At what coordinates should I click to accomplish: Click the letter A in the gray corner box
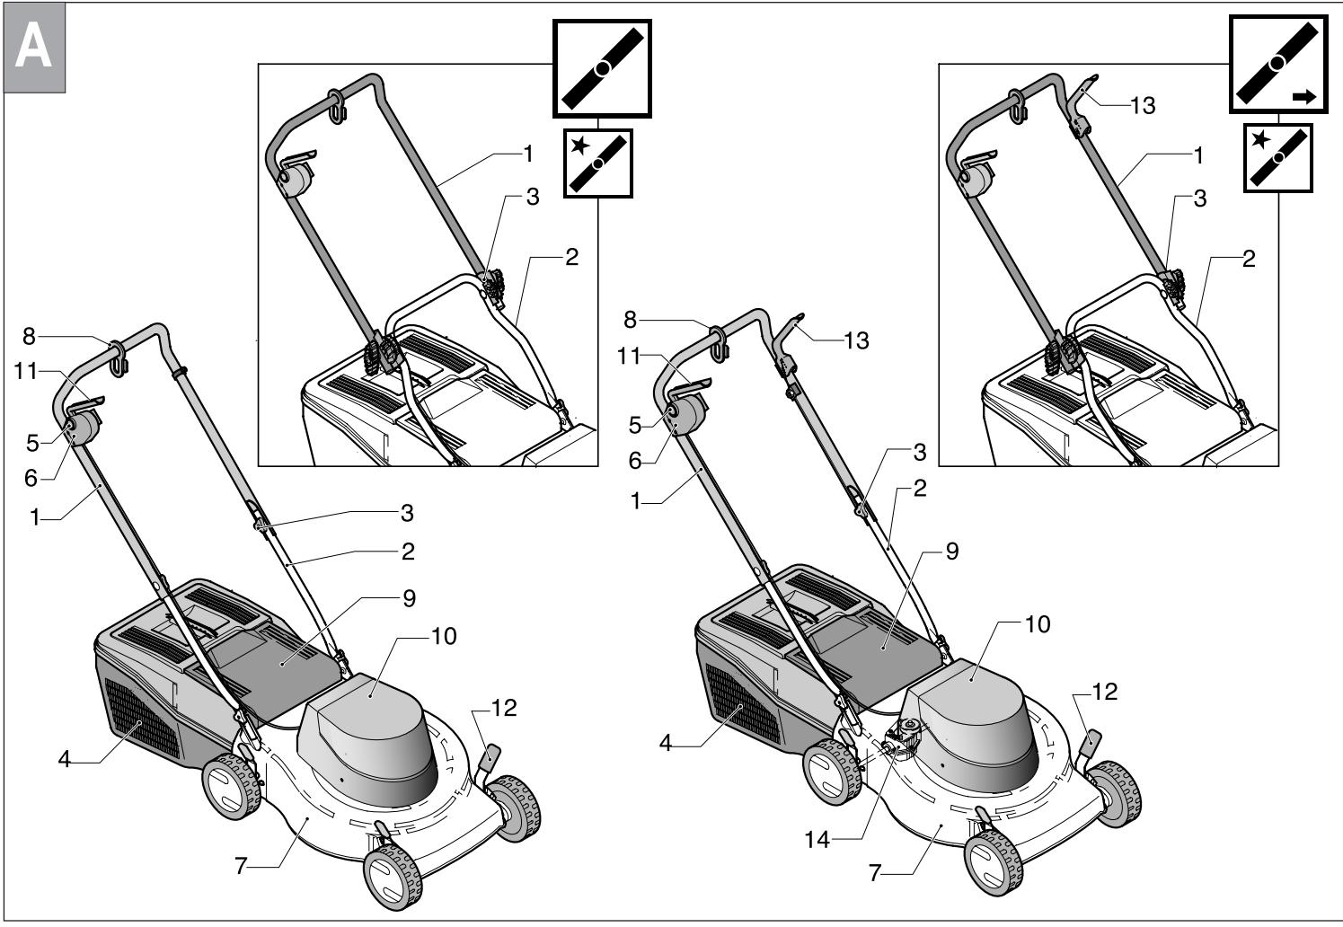34,49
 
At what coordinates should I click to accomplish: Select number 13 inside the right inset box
1143,106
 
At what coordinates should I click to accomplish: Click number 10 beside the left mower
443,636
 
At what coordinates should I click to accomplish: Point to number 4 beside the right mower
666,744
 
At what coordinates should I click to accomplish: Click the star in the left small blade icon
579,146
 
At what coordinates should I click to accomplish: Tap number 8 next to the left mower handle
29,337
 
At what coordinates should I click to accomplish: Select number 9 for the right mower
951,551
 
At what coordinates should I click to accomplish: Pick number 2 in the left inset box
571,257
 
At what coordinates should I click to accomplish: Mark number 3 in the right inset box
1199,199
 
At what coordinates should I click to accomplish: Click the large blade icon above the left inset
602,68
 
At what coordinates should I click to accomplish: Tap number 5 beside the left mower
32,442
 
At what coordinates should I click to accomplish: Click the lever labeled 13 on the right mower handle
789,333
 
